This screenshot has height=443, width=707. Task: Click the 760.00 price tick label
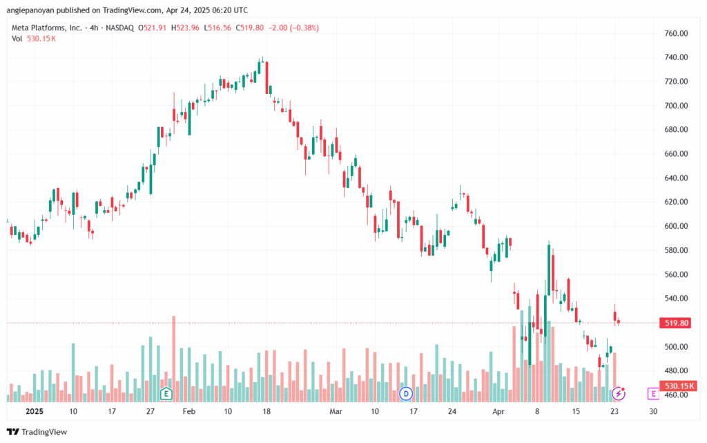[x=676, y=33]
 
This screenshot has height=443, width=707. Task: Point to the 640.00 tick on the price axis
[x=676, y=178]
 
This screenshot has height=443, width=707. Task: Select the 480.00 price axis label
[x=676, y=371]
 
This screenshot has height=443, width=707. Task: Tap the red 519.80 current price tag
[x=675, y=323]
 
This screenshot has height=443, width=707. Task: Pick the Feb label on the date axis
[x=189, y=411]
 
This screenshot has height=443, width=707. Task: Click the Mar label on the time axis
[x=336, y=411]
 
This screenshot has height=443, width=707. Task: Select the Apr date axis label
[x=498, y=411]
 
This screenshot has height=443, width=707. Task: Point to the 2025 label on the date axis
[x=35, y=411]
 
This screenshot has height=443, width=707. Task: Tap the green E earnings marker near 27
[x=166, y=393]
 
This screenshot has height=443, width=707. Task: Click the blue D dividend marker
[x=406, y=394]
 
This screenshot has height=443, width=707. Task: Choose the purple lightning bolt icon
[x=618, y=394]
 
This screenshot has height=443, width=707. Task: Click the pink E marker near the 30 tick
[x=653, y=394]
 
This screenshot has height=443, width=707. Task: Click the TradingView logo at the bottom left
[x=37, y=432]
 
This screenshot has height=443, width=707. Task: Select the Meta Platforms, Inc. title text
[x=47, y=28]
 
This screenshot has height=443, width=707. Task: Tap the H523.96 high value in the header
[x=185, y=28]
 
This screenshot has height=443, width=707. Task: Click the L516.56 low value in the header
[x=217, y=28]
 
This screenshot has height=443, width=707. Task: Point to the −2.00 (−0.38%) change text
[x=293, y=28]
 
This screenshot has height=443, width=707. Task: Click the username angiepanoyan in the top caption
[x=30, y=10]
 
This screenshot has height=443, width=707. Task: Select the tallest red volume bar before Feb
[x=173, y=359]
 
